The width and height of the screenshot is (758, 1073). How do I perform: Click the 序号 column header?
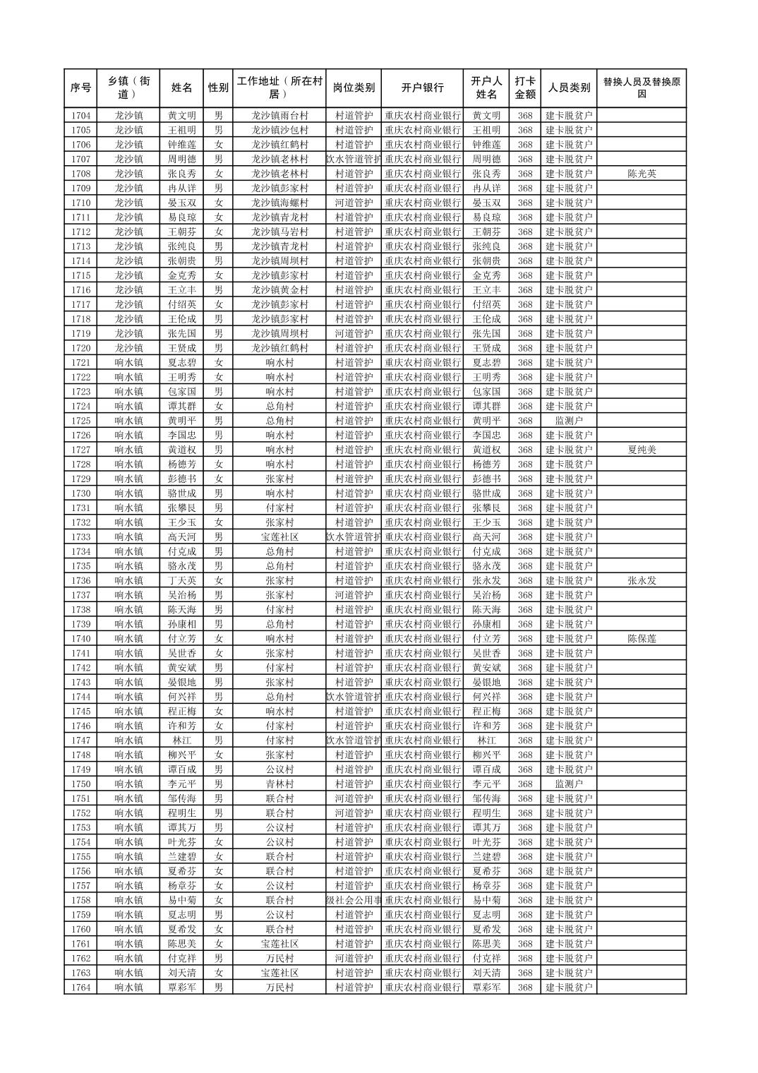(80, 88)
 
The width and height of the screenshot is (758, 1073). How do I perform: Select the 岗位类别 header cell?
(353, 88)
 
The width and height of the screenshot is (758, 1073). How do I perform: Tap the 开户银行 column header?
(422, 88)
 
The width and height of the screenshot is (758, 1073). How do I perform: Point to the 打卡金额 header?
(524, 88)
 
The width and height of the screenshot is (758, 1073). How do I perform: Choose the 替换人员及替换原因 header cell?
(641, 88)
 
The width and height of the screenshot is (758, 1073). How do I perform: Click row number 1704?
(80, 116)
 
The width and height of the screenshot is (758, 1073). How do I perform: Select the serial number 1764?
(80, 988)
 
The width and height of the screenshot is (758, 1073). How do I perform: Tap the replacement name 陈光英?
(641, 174)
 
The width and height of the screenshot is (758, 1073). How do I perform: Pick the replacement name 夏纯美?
(641, 450)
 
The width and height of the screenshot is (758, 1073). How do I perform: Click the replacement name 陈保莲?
(641, 639)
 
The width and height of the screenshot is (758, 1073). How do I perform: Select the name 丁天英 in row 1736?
(181, 581)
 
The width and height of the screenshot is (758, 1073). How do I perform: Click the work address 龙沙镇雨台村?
(279, 116)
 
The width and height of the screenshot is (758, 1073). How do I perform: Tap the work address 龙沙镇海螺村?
(279, 203)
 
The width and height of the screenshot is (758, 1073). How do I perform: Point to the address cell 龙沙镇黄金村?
(279, 290)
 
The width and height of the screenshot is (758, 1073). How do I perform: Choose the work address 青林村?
(279, 784)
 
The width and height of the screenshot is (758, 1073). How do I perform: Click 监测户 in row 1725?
(569, 421)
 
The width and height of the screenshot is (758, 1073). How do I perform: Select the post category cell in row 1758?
(353, 900)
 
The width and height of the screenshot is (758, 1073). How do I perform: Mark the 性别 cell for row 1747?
(218, 741)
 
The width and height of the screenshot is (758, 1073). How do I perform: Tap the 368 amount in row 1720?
(524, 348)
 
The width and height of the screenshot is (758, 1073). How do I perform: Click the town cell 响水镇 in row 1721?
(128, 363)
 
